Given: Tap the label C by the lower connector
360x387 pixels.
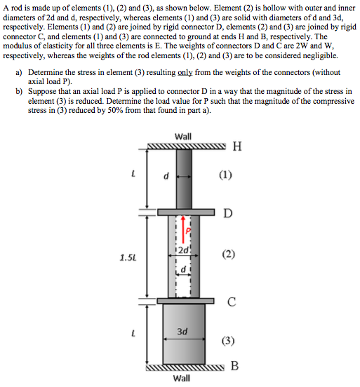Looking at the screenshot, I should coord(231,301).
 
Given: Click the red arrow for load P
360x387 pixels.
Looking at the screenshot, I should coord(186,231).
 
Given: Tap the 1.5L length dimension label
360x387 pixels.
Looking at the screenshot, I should coord(127,257).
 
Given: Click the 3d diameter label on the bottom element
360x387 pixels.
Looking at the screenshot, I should coord(182,331).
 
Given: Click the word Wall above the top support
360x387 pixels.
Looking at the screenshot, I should coord(183,136).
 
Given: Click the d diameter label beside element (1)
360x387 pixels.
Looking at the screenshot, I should coord(166,176).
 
